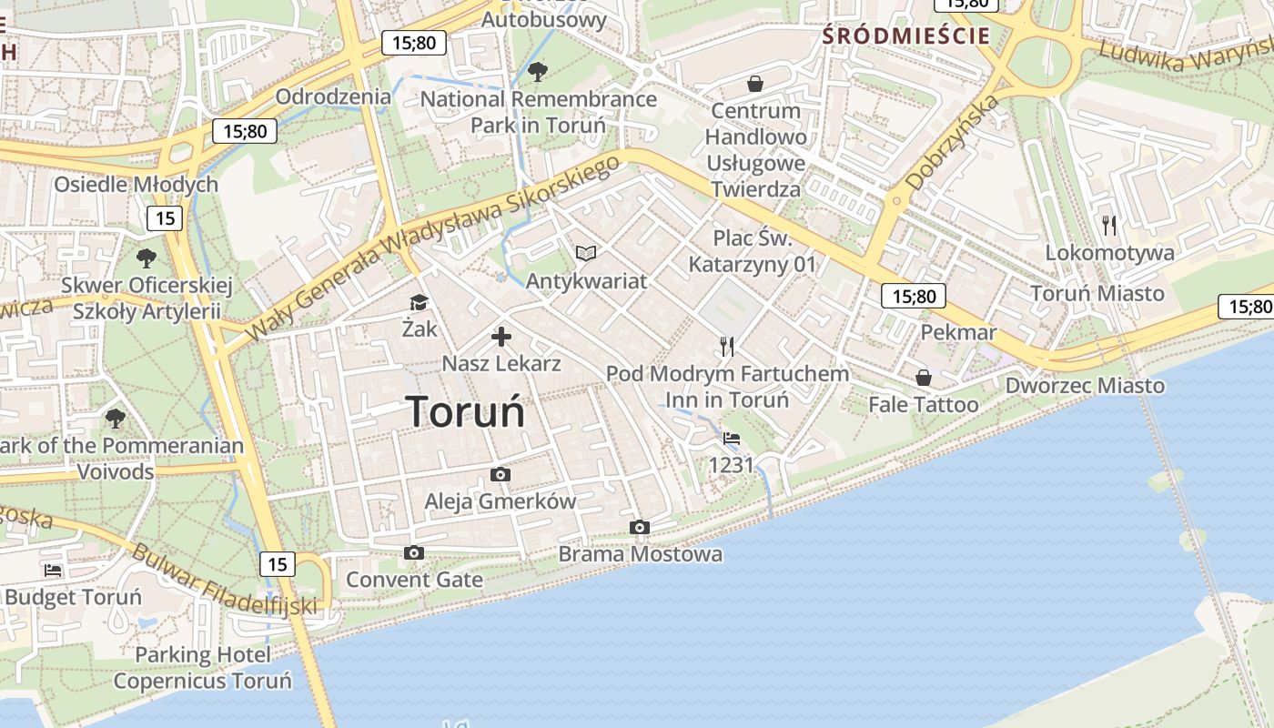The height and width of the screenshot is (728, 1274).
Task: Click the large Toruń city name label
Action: point(465,412)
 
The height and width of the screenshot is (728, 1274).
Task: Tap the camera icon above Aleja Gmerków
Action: point(500,474)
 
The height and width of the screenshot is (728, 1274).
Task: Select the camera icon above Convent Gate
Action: point(414,552)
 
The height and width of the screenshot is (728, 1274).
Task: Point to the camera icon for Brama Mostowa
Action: point(640,527)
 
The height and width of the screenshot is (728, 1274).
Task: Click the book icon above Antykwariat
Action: point(586,253)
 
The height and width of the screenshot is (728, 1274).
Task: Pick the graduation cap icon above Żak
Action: point(419,302)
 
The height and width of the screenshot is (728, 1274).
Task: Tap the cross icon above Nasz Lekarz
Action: point(500,337)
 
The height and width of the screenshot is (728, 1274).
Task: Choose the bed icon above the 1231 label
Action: point(731,438)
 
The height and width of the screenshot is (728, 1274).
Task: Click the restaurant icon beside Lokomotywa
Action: point(1108,225)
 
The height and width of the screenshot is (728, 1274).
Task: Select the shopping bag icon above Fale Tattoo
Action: point(923,377)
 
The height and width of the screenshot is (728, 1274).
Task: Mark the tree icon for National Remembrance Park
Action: point(538,70)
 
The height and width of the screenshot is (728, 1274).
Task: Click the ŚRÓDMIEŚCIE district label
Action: point(905,36)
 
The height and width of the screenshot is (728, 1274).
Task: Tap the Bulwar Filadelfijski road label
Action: point(224,580)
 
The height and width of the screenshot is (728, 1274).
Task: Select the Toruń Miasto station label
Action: point(1097,293)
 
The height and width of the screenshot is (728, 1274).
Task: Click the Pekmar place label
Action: point(958,332)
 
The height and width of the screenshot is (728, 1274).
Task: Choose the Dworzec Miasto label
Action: point(1084,386)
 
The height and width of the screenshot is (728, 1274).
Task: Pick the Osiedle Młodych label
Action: point(136,185)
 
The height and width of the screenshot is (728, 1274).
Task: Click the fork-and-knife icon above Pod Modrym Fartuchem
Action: point(726,346)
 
